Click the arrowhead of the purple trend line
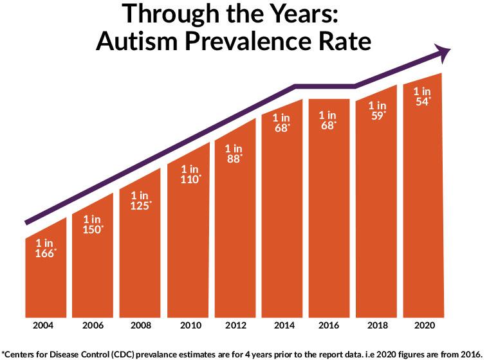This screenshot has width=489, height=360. [x=443, y=52]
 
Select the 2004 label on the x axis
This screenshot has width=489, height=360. [x=43, y=325]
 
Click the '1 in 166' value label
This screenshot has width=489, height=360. [x=46, y=249]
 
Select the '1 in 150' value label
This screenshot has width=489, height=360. [x=93, y=224]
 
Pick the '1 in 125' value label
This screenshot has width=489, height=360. [x=140, y=200]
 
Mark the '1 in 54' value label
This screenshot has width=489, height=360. [x=422, y=96]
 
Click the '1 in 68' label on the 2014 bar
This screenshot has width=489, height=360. [x=281, y=123]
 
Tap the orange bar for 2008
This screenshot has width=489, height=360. [x=140, y=264]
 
